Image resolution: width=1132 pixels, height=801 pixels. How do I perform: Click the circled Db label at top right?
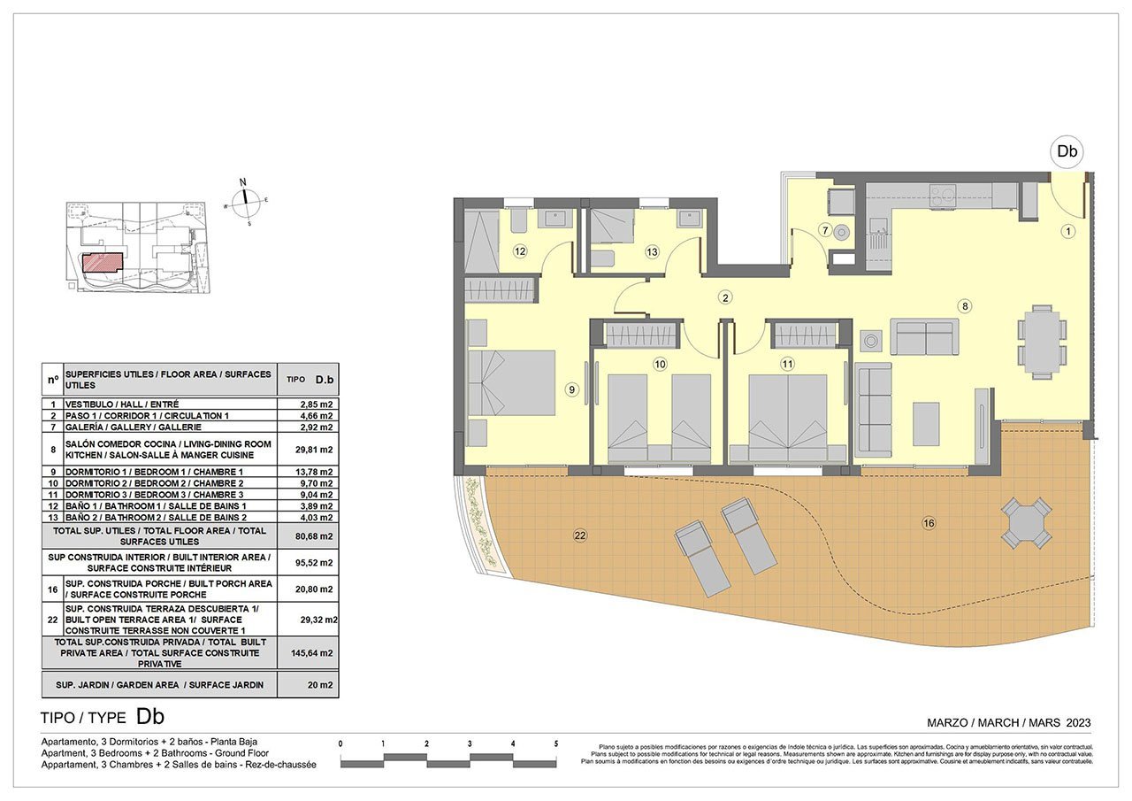[x=1067, y=151]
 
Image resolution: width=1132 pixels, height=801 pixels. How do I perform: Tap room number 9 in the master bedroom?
[x=572, y=389]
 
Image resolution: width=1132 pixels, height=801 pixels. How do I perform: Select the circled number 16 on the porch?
[x=929, y=524]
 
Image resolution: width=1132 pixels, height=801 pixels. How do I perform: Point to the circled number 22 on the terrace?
[x=580, y=535]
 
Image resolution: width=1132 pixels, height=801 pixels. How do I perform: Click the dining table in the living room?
[x=1040, y=336]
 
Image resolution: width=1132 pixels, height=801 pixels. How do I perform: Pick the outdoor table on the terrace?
[x=1027, y=522]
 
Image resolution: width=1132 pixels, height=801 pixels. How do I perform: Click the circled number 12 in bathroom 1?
[x=520, y=252]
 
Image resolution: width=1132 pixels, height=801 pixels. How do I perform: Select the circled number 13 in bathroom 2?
[x=652, y=252]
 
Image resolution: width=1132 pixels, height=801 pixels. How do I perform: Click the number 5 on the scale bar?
[x=556, y=744]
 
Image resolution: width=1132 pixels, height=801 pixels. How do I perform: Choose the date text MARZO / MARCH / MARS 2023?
[x=1008, y=723]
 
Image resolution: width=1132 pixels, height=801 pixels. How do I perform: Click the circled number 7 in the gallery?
[x=825, y=231]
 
